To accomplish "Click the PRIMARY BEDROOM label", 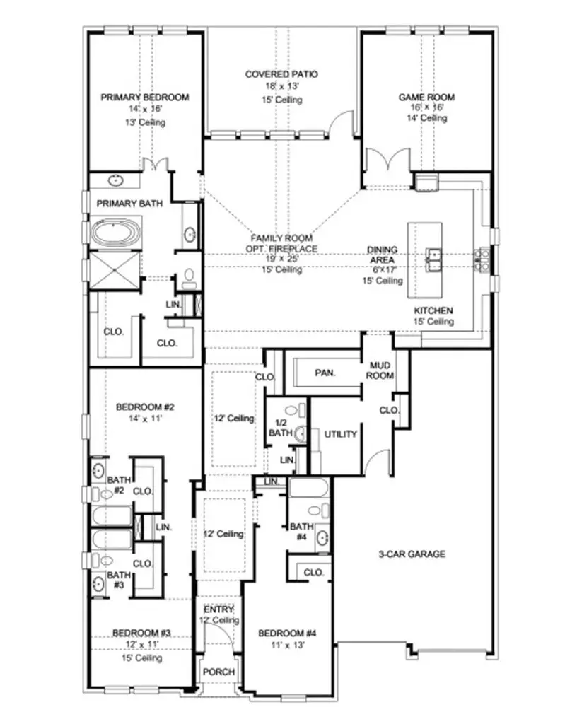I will tap(144, 98).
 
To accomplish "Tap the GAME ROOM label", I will tap(426, 98).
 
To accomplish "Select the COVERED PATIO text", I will tap(281, 74).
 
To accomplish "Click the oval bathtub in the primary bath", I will tap(117, 232).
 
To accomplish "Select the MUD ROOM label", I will tap(380, 370).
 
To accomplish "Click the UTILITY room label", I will tap(340, 434).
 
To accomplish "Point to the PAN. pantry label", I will tap(325, 372).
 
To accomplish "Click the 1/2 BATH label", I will tap(281, 428).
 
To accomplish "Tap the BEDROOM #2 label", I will tap(140, 407).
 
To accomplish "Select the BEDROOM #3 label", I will tap(140, 633).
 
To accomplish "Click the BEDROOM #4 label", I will tap(286, 633).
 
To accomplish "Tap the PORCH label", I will tap(218, 672).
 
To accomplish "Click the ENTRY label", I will tap(218, 609).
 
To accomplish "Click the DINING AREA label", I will tap(383, 255).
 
